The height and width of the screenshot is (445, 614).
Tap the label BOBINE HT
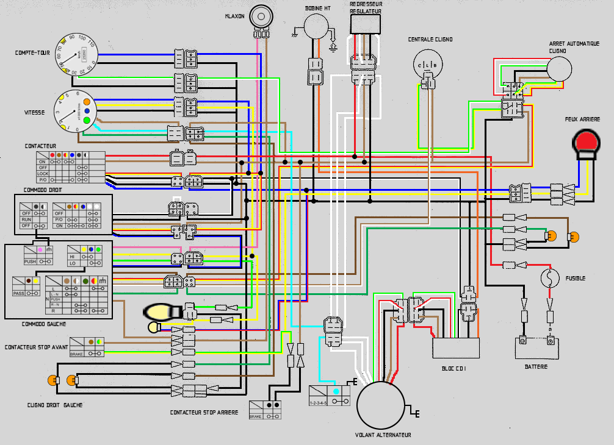(x=318, y=9)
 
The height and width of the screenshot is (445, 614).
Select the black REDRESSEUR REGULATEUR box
(x=365, y=24)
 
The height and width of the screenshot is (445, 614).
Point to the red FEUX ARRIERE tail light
(x=587, y=142)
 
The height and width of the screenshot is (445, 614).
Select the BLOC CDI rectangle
(x=455, y=348)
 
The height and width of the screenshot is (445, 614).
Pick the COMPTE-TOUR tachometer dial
(x=76, y=54)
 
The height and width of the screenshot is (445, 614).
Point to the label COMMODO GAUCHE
(x=43, y=324)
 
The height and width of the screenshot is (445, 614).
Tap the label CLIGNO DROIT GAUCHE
(x=55, y=405)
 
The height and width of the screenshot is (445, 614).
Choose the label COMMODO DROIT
(x=43, y=190)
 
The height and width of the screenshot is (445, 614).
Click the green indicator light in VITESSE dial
(x=87, y=120)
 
